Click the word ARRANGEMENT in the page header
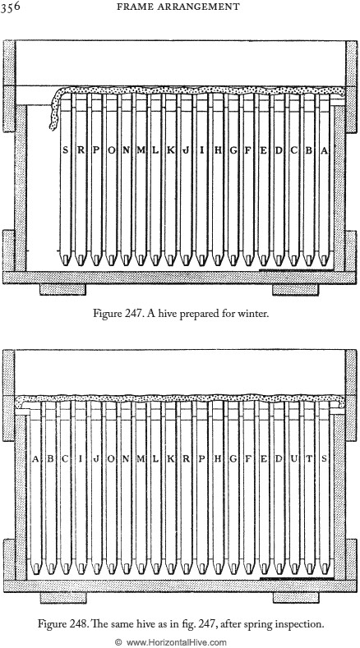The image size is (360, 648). click(x=202, y=7)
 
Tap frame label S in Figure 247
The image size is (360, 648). click(x=65, y=151)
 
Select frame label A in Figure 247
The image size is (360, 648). click(x=324, y=151)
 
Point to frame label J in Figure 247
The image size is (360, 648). click(x=187, y=151)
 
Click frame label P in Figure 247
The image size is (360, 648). click(x=95, y=151)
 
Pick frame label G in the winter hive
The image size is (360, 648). click(x=233, y=151)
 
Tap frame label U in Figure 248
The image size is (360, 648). click(x=293, y=459)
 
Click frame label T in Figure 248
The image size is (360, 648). click(x=309, y=459)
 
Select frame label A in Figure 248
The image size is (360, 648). click(x=35, y=459)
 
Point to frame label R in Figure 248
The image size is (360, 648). click(x=187, y=459)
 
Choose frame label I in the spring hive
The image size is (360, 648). click(x=81, y=459)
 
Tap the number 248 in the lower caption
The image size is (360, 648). click(x=76, y=623)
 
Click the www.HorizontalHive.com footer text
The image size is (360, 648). click(x=176, y=642)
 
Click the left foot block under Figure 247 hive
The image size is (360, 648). click(x=63, y=289)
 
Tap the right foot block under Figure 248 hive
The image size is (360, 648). click(x=296, y=597)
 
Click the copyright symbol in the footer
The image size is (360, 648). click(x=118, y=642)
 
